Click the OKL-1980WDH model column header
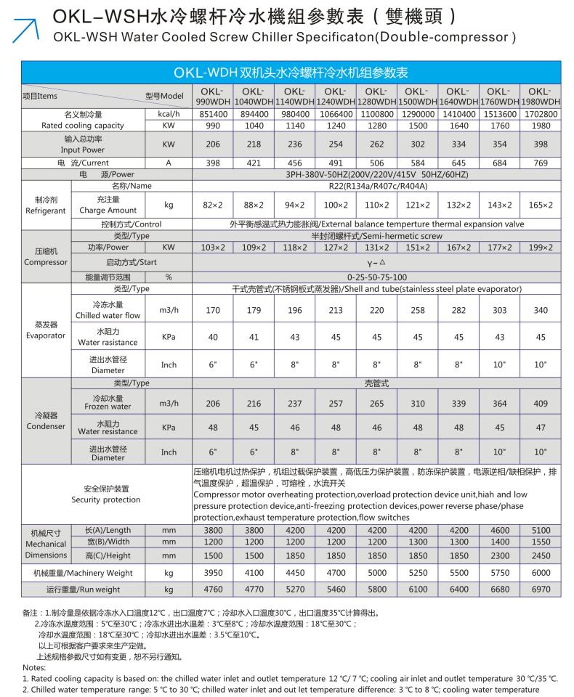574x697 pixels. pos(540,96)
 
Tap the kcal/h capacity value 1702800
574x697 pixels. pos(540,114)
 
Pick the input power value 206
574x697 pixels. pos(212,144)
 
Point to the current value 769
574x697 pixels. pos(540,163)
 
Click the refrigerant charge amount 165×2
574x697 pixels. pos(540,205)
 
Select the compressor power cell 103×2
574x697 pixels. pos(212,248)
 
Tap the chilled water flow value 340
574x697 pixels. pos(540,311)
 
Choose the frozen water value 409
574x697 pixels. pos(540,403)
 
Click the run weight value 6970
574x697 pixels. pos(540,589)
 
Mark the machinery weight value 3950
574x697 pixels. pos(212,573)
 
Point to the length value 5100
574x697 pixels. pos(540,530)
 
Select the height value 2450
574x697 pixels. pos(540,555)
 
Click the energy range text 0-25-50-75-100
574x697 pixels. pos(376,277)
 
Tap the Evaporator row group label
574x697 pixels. pos(46,330)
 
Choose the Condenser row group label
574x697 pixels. pos(46,421)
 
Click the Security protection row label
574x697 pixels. pos(106,494)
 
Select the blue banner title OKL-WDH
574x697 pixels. pos(291,73)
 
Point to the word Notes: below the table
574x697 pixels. pos(34,667)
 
